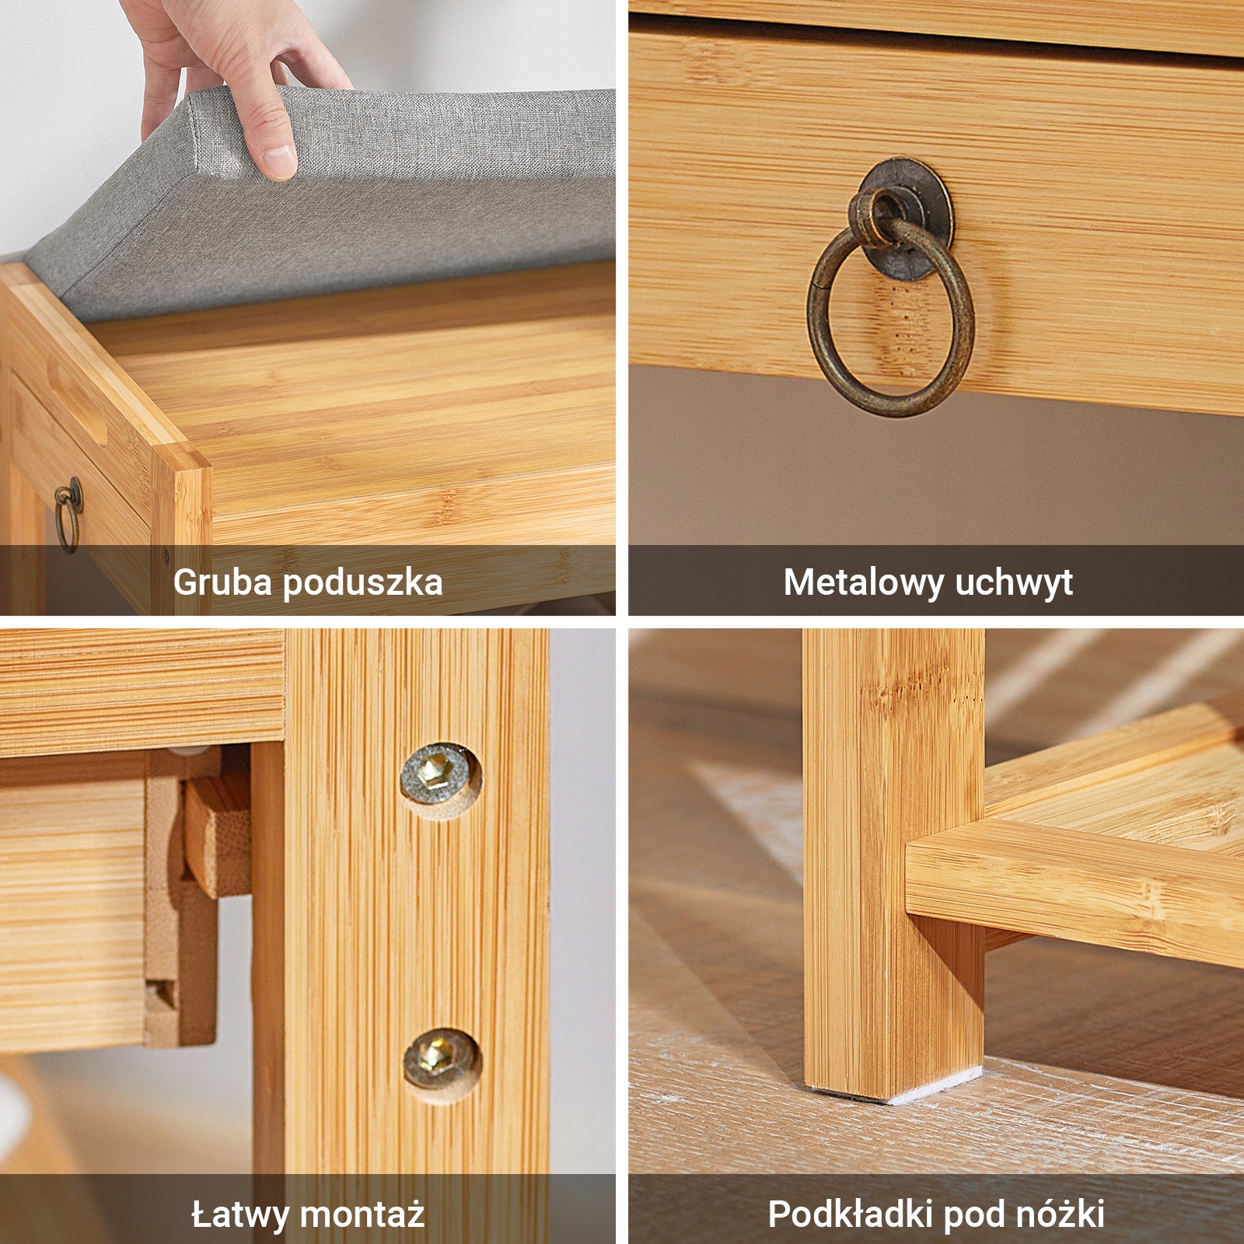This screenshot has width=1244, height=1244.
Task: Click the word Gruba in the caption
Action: coord(223,582)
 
